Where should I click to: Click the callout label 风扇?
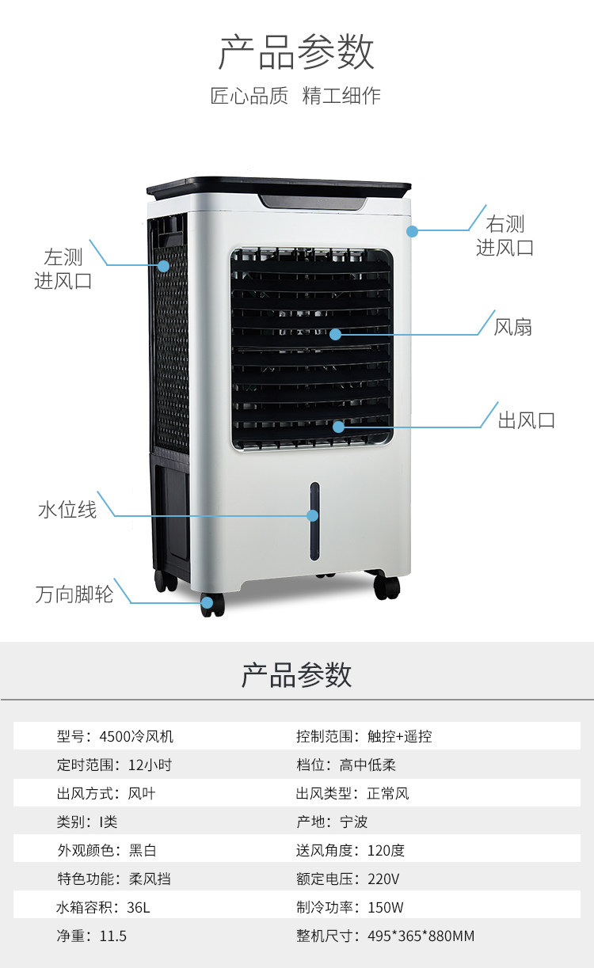(512, 327)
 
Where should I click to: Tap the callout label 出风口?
(526, 419)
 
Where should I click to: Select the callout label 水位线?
(67, 510)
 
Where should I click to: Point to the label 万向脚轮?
(74, 594)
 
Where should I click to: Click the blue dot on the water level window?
(313, 515)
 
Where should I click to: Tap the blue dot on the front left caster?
(207, 602)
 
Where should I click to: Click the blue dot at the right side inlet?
(411, 231)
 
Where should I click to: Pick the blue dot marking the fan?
(335, 334)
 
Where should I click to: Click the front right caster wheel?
(387, 586)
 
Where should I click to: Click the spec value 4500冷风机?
(136, 736)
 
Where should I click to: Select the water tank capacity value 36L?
(137, 907)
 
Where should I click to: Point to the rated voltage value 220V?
(383, 879)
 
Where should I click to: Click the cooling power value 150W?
(386, 907)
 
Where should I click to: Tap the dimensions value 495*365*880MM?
(421, 936)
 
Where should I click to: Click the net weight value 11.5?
(112, 936)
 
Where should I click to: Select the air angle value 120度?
(386, 850)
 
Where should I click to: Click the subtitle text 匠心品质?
(249, 97)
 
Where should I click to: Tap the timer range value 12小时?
(150, 765)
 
